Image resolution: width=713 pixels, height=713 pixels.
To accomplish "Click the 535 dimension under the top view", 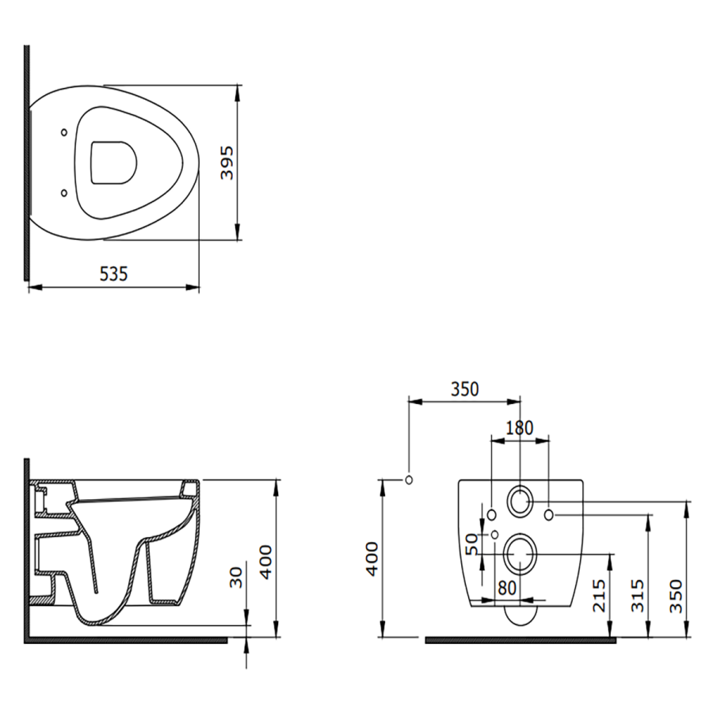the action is pyautogui.click(x=113, y=274).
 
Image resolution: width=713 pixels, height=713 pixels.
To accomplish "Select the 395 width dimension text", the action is pyautogui.click(x=227, y=162).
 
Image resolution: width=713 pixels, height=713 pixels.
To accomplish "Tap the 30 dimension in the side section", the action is pyautogui.click(x=236, y=578).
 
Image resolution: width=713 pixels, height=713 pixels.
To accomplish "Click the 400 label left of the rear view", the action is pyautogui.click(x=372, y=559).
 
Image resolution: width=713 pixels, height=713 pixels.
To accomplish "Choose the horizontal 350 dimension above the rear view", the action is pyautogui.click(x=465, y=389).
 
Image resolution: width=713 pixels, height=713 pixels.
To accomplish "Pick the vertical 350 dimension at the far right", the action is pyautogui.click(x=677, y=596).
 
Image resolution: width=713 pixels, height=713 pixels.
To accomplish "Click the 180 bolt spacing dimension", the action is pyautogui.click(x=520, y=428).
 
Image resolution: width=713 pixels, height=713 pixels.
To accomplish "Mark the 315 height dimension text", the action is pyautogui.click(x=638, y=596).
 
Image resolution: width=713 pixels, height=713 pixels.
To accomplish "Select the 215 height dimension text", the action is pyautogui.click(x=600, y=596).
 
